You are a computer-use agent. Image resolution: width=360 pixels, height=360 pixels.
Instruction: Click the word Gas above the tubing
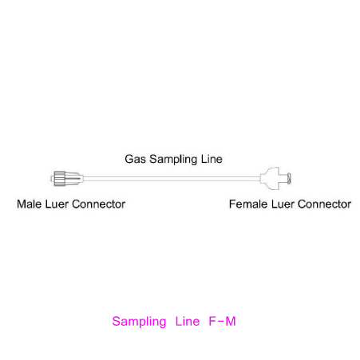tap(135, 159)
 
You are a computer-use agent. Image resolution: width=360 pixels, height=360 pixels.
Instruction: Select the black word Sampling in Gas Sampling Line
tap(173, 160)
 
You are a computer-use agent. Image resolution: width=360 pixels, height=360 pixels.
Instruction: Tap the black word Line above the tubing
tap(212, 159)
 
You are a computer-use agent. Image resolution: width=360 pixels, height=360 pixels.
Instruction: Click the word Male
tap(30, 204)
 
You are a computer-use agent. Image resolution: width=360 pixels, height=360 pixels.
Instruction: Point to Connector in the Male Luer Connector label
tap(98, 204)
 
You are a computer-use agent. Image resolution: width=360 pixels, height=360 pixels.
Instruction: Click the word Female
tap(248, 204)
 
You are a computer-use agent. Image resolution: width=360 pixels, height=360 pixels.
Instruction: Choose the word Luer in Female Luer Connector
tap(283, 204)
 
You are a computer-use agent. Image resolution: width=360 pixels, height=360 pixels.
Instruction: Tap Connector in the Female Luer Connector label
tap(324, 204)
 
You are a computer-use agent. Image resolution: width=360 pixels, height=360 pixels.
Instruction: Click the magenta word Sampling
tap(139, 322)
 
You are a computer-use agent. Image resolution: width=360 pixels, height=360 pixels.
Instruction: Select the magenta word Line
tap(188, 321)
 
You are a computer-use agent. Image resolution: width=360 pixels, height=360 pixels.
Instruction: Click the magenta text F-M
tap(223, 321)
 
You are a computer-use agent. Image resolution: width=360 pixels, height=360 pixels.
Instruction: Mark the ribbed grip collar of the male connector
tap(59, 179)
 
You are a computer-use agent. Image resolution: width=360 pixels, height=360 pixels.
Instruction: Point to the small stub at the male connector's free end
tap(52, 179)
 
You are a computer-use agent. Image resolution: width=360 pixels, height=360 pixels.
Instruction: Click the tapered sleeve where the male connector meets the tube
tap(74, 179)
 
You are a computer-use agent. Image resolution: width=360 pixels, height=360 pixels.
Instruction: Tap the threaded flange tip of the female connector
tap(289, 178)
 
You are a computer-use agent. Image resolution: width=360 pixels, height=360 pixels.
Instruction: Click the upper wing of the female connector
tap(274, 171)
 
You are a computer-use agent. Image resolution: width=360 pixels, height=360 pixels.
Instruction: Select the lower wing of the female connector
tap(274, 186)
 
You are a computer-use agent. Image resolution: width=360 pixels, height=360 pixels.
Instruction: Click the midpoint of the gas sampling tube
tap(172, 179)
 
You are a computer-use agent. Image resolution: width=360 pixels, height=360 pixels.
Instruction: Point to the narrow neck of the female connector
tap(283, 178)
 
